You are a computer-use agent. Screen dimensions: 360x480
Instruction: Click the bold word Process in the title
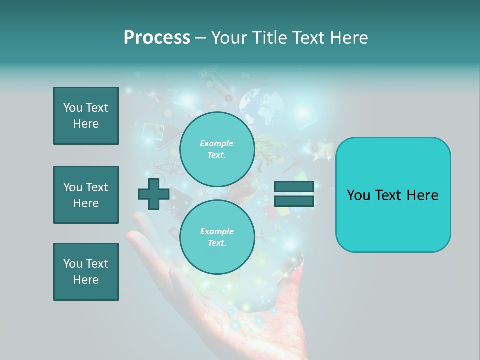click(x=157, y=38)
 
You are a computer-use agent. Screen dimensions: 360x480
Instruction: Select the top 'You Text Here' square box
click(x=86, y=116)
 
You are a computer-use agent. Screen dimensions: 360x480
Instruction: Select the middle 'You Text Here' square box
click(x=86, y=195)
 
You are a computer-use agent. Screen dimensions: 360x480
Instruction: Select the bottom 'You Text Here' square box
click(x=86, y=272)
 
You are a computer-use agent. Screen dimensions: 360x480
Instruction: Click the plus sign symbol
click(x=153, y=194)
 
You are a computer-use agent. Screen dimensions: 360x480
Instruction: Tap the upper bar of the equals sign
click(x=294, y=187)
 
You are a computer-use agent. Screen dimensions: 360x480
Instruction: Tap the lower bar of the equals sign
click(x=294, y=201)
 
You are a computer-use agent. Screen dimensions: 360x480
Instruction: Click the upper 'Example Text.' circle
click(x=217, y=149)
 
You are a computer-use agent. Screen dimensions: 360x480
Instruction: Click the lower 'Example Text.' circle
click(x=217, y=237)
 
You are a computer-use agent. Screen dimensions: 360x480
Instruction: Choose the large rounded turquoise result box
click(x=393, y=195)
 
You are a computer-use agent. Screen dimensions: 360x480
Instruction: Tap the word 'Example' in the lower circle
click(x=217, y=231)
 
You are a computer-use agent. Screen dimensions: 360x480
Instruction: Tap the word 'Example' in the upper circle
click(x=217, y=143)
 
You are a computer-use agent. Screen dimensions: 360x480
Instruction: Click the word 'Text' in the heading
click(x=308, y=38)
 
